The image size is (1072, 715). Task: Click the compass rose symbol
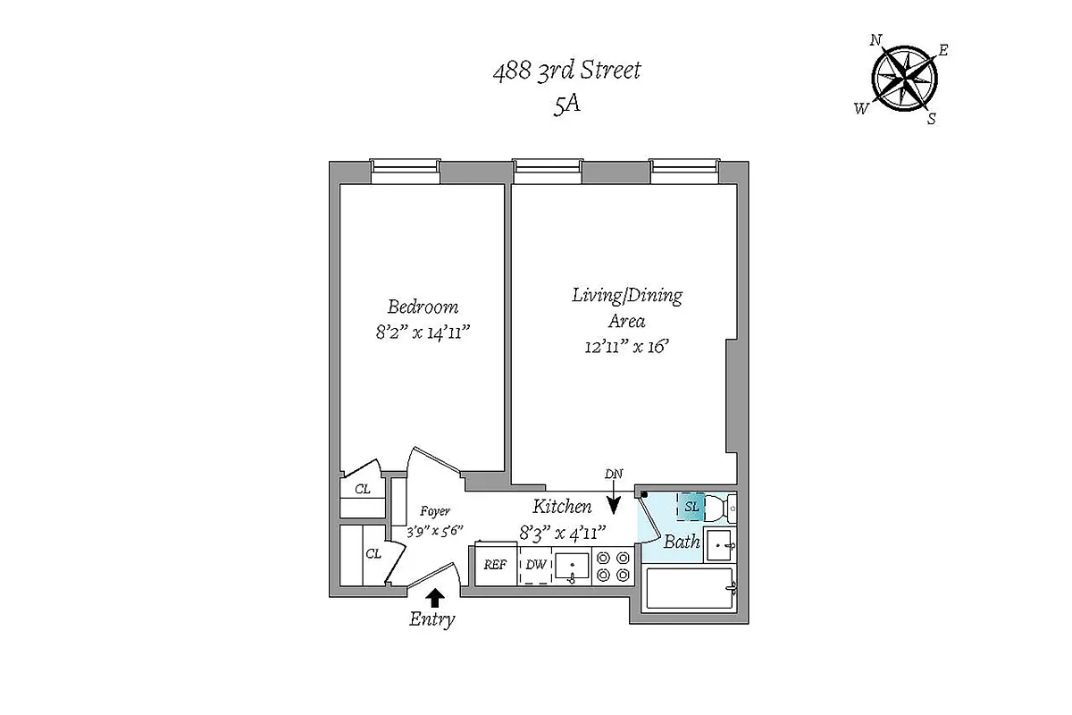pyautogui.click(x=905, y=79)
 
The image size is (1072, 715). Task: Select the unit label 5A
pyautogui.click(x=567, y=105)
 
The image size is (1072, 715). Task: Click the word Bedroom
pyautogui.click(x=423, y=307)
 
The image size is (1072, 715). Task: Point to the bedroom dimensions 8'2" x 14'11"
pyautogui.click(x=423, y=332)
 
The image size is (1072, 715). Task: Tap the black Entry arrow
pyautogui.click(x=436, y=597)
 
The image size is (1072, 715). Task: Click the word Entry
pyautogui.click(x=432, y=618)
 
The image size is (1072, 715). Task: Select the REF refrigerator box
pyautogui.click(x=496, y=566)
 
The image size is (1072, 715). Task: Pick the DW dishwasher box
pyautogui.click(x=535, y=566)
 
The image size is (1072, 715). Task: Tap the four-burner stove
pyautogui.click(x=614, y=566)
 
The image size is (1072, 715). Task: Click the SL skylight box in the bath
pyautogui.click(x=691, y=507)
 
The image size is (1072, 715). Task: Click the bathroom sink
pyautogui.click(x=720, y=543)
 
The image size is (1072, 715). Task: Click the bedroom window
pyautogui.click(x=406, y=170)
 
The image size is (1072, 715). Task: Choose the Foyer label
pyautogui.click(x=434, y=512)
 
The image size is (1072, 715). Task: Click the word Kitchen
pyautogui.click(x=563, y=507)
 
